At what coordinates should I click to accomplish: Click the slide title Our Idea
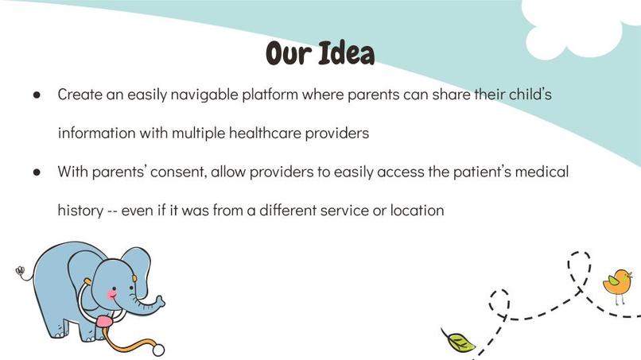pos(320,54)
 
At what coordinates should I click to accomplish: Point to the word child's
pos(528,95)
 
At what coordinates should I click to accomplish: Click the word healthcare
pos(267,134)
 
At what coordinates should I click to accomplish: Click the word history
pos(80,211)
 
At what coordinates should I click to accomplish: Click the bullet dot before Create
pos(37,95)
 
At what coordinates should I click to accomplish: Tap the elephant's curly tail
pos(22,273)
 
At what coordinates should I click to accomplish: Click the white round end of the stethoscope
pos(158,350)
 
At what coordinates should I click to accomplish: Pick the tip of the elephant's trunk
pos(161,300)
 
